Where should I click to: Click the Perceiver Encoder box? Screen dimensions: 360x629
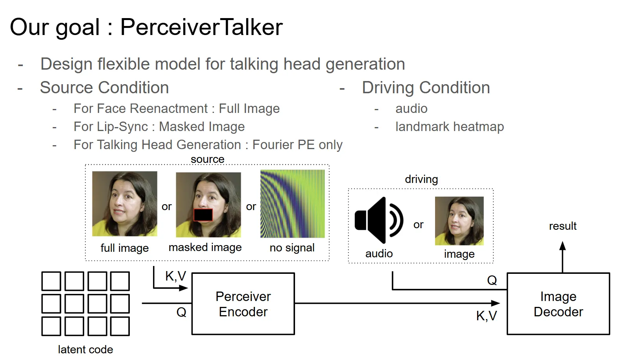(243, 304)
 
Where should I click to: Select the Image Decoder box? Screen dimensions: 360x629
(558, 304)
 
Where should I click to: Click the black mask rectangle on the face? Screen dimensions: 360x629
(203, 215)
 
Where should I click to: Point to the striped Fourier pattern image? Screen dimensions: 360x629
(292, 204)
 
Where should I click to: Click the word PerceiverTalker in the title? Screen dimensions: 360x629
(201, 27)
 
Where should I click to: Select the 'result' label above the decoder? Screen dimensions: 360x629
(563, 226)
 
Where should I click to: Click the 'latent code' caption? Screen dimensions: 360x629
(85, 349)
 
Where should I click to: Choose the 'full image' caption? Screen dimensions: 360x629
(124, 248)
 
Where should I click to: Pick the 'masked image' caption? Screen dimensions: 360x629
(205, 247)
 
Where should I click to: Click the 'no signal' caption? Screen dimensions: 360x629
(292, 248)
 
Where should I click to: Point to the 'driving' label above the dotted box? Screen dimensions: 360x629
(421, 179)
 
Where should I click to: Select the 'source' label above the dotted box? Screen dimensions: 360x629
(207, 159)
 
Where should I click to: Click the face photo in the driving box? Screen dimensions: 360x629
(459, 221)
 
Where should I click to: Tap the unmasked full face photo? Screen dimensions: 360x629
(124, 204)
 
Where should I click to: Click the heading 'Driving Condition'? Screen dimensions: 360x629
(426, 88)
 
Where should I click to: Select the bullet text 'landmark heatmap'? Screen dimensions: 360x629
(449, 127)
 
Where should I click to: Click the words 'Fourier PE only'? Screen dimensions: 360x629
(297, 145)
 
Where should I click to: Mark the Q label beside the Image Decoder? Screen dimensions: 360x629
(492, 280)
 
